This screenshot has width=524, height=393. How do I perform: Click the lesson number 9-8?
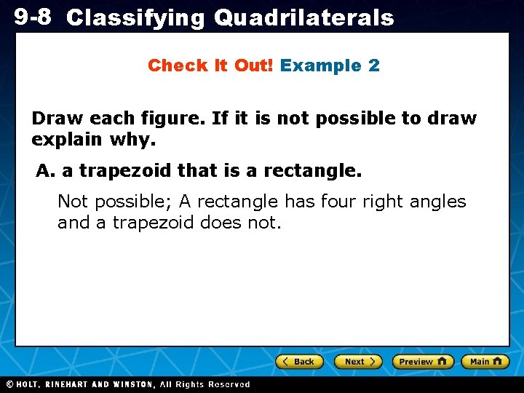click(32, 16)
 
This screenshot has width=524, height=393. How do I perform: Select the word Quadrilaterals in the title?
click(303, 17)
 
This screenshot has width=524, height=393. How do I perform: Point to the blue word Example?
click(321, 65)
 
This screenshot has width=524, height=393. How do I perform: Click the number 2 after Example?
click(374, 65)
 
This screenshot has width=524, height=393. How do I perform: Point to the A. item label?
click(46, 171)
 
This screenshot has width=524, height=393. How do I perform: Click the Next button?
click(358, 361)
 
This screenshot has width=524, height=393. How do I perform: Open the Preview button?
click(422, 361)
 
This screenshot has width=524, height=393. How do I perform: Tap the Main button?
click(485, 361)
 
